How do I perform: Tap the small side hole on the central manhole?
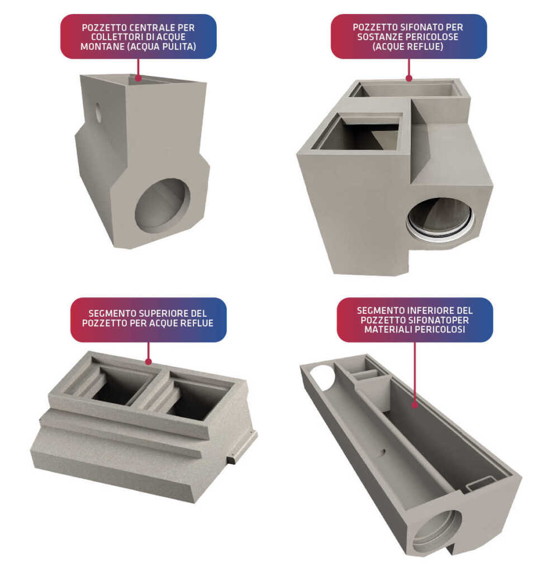point(98,112)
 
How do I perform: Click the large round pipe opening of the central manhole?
point(163,206)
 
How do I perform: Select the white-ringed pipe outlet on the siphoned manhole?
point(440,220)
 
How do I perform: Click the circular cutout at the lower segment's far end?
point(322,378)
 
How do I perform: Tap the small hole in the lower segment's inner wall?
point(383,452)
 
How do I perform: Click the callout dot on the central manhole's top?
point(138,78)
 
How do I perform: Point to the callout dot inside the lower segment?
point(415,405)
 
